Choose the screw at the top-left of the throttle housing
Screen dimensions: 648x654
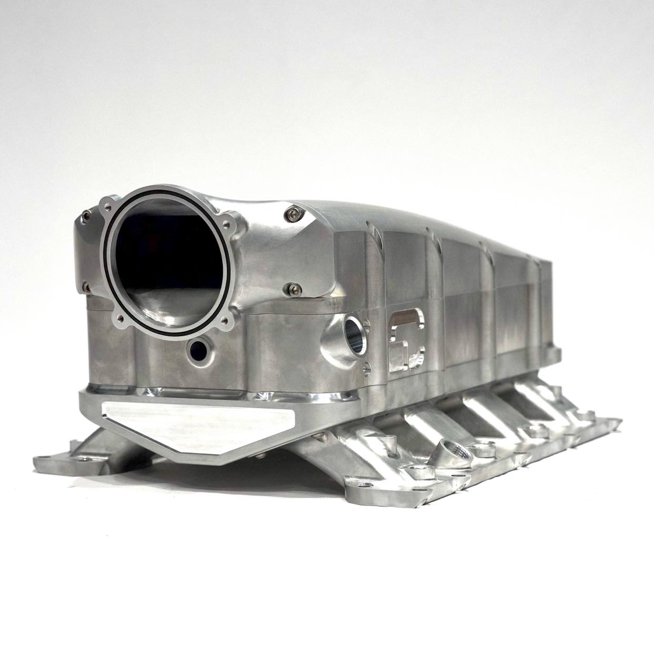87,216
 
